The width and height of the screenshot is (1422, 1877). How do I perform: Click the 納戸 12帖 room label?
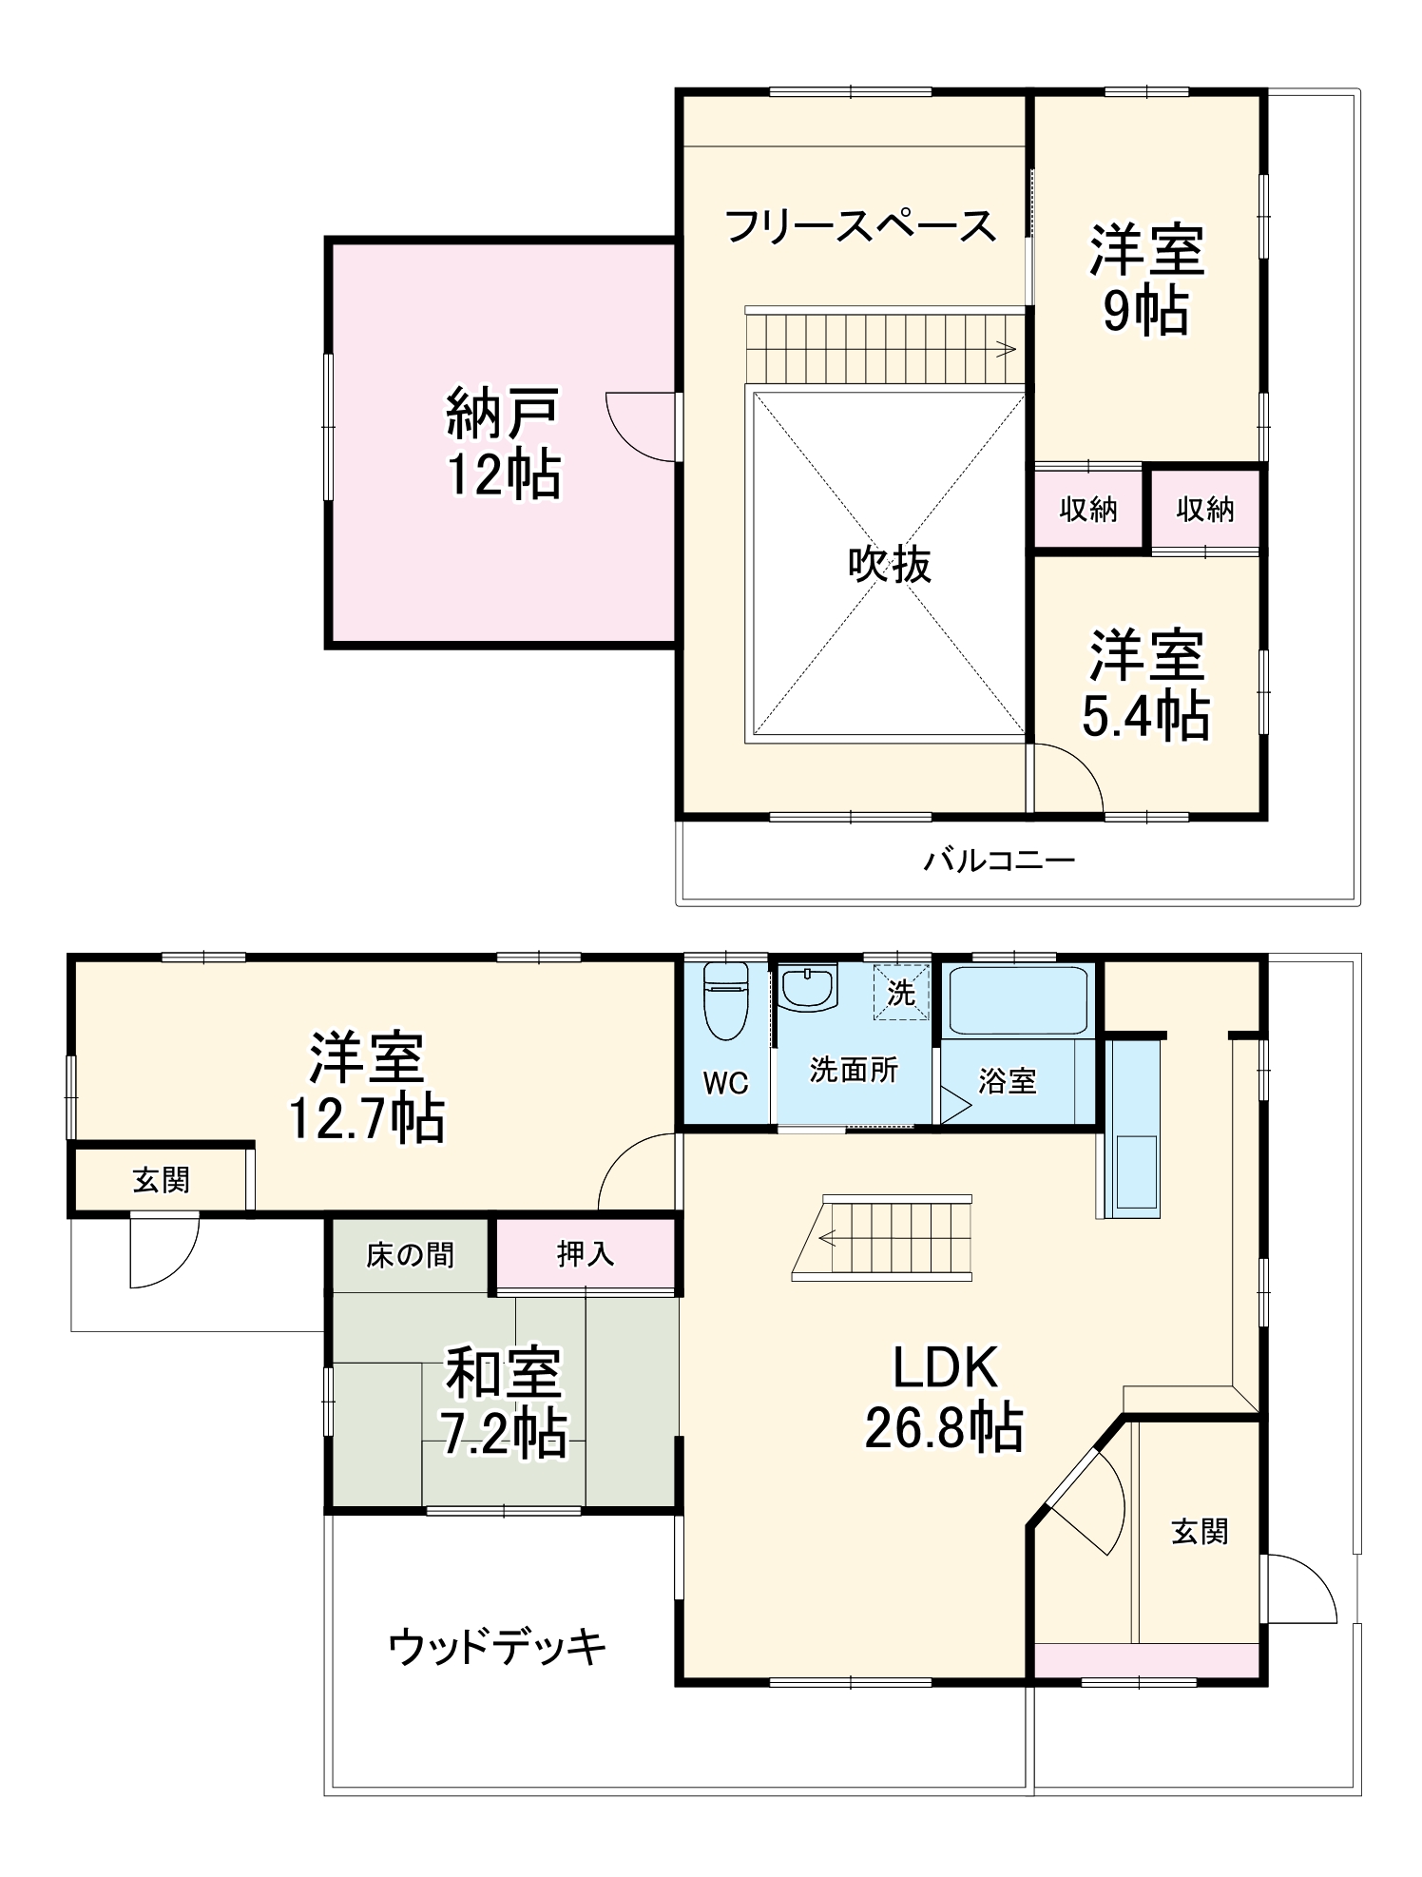[503, 443]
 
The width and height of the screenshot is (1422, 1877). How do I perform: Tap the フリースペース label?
[859, 227]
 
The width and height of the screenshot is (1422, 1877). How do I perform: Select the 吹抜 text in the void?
[889, 565]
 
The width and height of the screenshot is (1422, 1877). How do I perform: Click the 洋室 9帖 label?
[1146, 278]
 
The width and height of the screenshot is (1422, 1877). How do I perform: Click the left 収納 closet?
[1087, 510]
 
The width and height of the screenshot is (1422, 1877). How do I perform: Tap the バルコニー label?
[999, 861]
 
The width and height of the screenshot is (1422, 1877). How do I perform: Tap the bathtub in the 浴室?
[1017, 1000]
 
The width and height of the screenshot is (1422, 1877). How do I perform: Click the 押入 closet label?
[585, 1254]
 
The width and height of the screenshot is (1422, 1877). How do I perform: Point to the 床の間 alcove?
[410, 1255]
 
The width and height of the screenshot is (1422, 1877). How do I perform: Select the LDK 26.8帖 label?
[944, 1398]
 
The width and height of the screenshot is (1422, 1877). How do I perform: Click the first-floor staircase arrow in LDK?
[826, 1238]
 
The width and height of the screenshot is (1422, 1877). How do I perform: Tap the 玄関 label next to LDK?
[1200, 1532]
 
